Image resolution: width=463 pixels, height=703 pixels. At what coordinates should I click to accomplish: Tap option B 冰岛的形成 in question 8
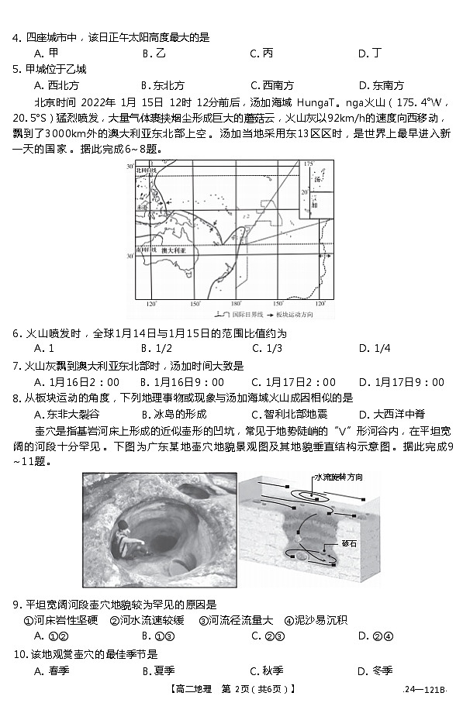point(174,414)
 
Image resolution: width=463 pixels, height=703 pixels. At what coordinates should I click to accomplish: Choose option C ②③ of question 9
point(268,636)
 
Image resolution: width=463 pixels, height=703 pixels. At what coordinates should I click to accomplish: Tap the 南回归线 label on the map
point(144,251)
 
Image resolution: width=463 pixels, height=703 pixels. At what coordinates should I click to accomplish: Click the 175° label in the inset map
point(308,164)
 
